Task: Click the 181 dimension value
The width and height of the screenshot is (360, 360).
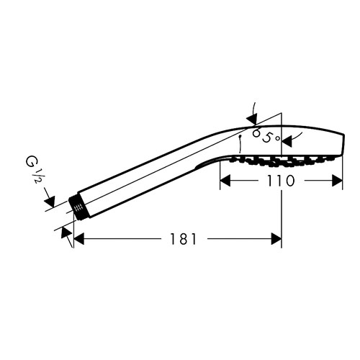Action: [184, 239]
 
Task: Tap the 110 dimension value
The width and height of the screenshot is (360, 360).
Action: [281, 181]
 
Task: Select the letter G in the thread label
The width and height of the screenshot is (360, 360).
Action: [30, 162]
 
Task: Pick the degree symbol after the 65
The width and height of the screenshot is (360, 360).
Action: [277, 138]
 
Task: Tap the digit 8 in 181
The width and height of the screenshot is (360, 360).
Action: [184, 239]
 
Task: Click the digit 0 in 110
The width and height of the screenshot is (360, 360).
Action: [289, 181]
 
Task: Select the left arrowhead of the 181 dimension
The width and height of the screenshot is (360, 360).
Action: [79, 239]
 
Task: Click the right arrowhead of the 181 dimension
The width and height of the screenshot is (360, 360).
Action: [276, 239]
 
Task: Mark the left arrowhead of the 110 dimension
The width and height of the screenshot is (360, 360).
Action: [225, 181]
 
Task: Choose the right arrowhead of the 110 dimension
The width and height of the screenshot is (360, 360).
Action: [337, 181]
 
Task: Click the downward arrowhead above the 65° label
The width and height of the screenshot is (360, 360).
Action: [252, 120]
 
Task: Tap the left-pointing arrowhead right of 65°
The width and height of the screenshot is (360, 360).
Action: [287, 141]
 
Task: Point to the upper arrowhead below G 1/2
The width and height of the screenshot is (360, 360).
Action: [50, 201]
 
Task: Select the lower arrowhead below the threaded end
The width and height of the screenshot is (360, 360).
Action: [66, 233]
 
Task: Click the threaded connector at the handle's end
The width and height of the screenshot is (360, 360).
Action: [78, 207]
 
